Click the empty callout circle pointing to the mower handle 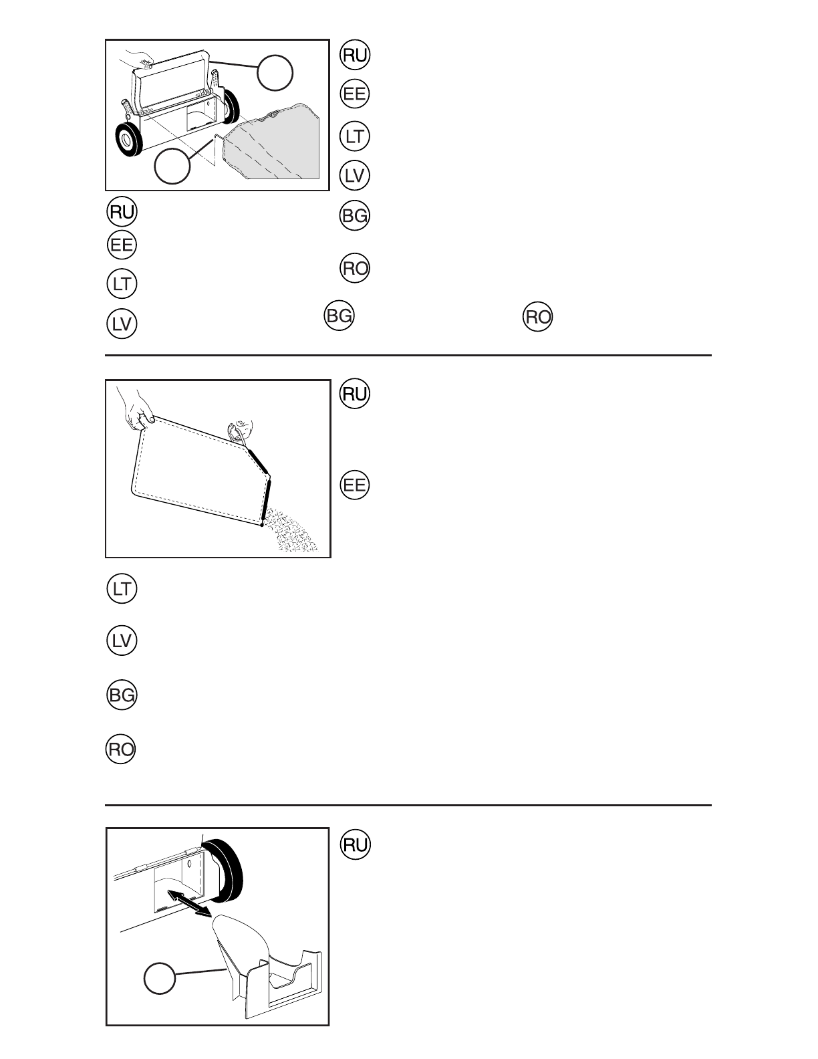[275, 73]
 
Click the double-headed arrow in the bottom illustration [188, 903]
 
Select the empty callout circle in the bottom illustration [160, 979]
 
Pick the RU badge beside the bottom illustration [355, 846]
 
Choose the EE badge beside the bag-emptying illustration [355, 485]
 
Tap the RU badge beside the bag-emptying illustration [355, 394]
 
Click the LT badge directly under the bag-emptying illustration [122, 589]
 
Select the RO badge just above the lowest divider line [121, 749]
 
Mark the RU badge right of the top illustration [355, 55]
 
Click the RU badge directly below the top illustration [122, 212]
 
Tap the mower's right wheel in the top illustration [231, 107]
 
